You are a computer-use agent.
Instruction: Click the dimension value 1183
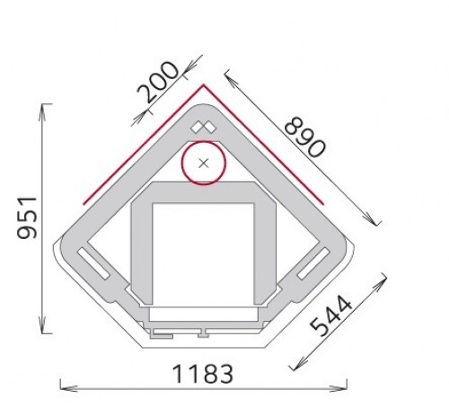click(x=203, y=374)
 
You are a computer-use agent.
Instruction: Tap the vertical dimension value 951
click(x=27, y=217)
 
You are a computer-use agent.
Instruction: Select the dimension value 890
click(x=304, y=137)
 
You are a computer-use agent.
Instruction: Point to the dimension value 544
click(x=330, y=315)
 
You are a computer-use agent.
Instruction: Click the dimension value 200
click(x=158, y=82)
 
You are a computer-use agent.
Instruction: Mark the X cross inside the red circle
click(x=204, y=164)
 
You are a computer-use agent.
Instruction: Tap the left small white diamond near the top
click(x=197, y=128)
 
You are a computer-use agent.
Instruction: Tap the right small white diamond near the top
click(x=210, y=129)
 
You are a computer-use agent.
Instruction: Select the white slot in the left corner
click(x=93, y=263)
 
